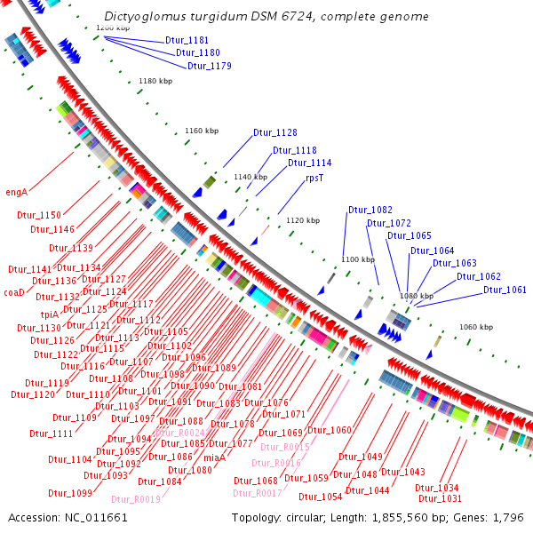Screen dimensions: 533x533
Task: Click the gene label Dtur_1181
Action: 187,40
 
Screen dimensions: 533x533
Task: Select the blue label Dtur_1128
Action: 274,132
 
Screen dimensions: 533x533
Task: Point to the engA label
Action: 16,191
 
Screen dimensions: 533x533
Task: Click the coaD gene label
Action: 14,291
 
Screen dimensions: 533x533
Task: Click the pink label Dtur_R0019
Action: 138,499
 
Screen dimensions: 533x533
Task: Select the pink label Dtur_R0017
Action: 258,493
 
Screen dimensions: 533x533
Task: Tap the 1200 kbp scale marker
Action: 113,28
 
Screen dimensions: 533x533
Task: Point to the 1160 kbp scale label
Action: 202,131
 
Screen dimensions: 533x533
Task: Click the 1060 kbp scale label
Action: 476,327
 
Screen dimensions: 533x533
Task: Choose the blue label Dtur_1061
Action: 505,290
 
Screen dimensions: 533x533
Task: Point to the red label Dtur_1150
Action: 39,215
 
